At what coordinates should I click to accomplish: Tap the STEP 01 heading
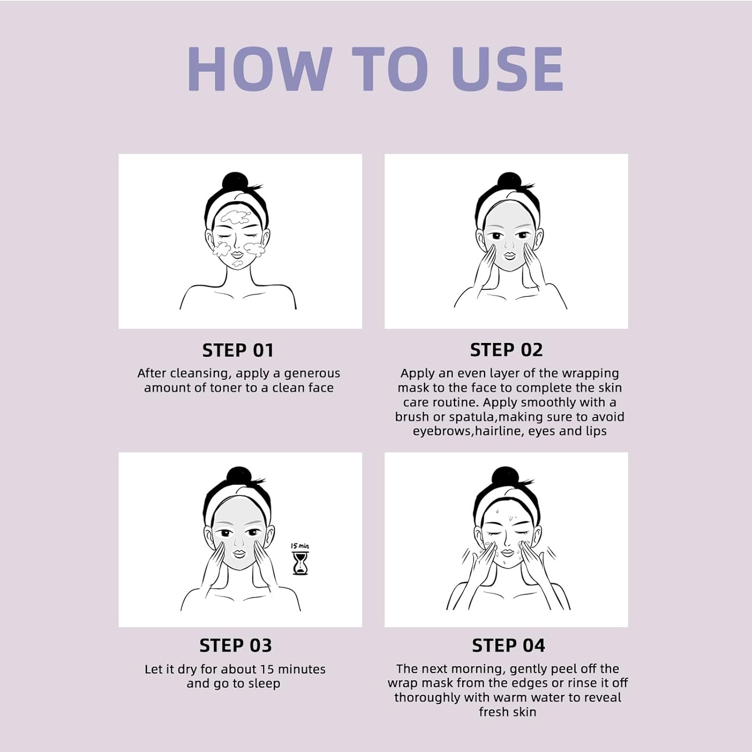click(238, 350)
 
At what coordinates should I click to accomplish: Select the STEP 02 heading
click(506, 350)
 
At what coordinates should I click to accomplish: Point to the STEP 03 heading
click(236, 645)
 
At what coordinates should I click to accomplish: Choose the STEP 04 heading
click(508, 645)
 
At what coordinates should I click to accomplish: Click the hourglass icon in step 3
click(300, 563)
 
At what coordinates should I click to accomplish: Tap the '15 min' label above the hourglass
click(300, 546)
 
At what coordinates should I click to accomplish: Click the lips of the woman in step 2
click(509, 255)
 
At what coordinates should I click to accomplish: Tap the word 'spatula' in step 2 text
click(471, 417)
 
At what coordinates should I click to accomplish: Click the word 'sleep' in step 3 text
click(264, 684)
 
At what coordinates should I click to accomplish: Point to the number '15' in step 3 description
click(267, 669)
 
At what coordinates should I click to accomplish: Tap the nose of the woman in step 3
click(238, 543)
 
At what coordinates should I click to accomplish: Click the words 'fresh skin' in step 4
click(507, 712)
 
